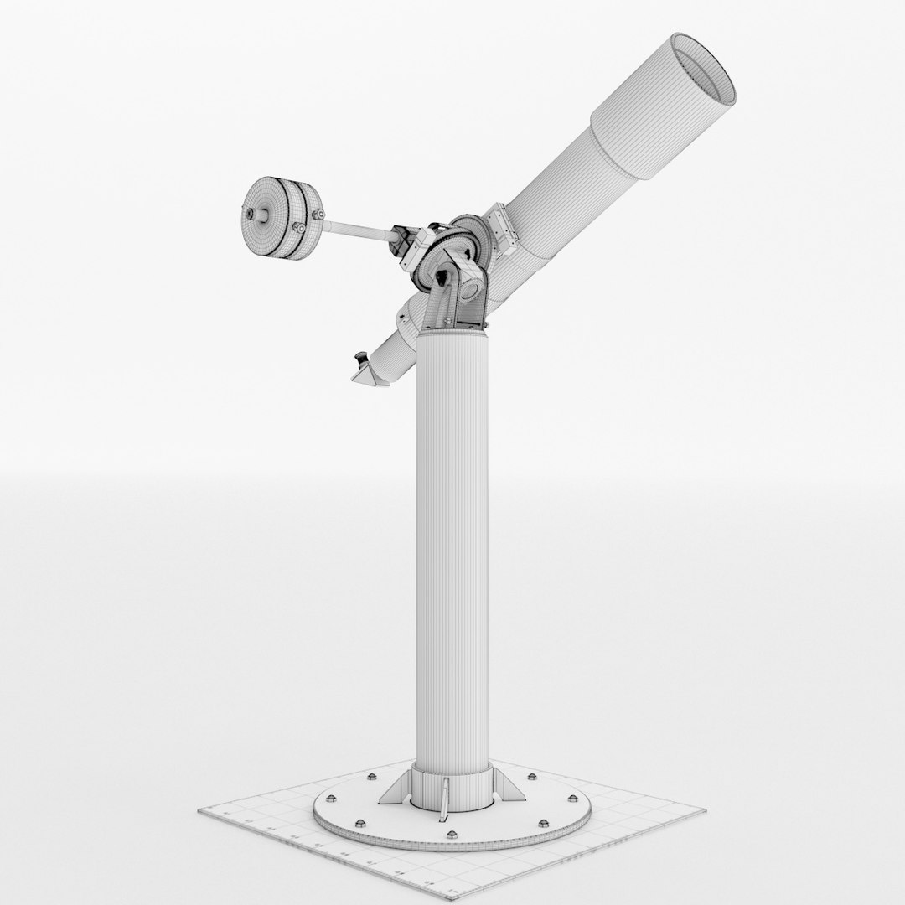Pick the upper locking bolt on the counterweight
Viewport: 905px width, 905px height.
319,215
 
